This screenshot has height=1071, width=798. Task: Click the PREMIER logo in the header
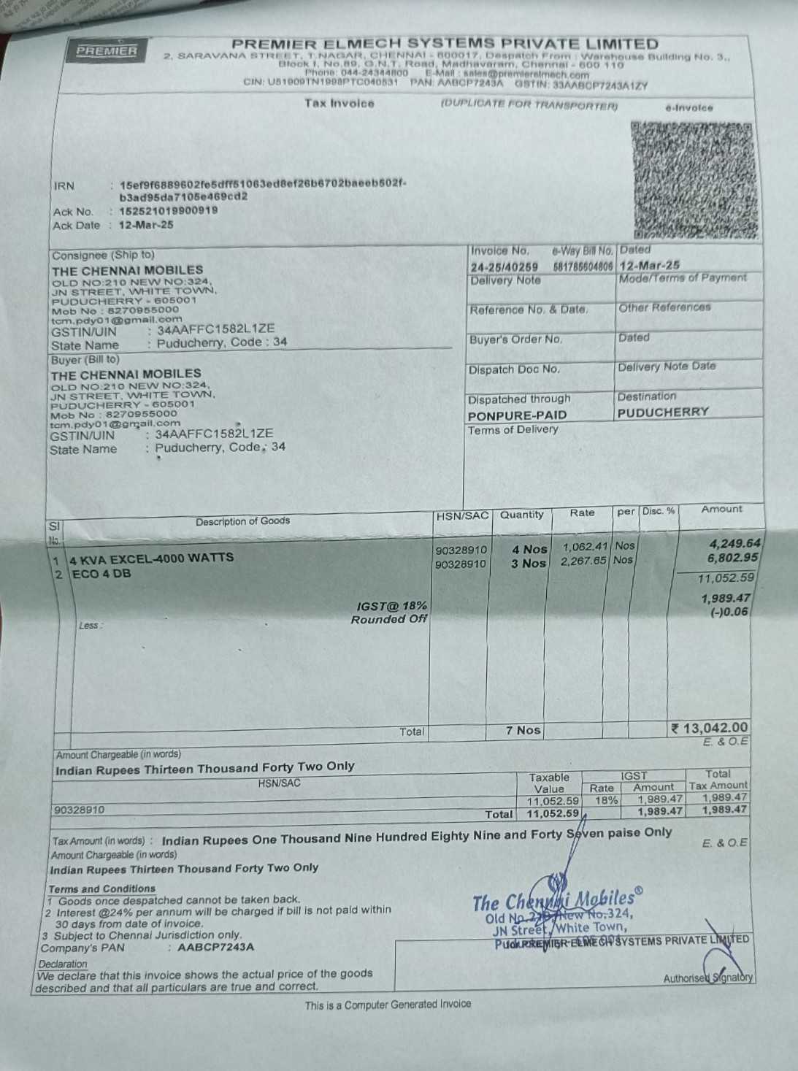[x=107, y=50]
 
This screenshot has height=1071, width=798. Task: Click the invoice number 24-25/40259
[x=504, y=267]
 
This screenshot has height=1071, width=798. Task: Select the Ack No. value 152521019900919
[x=168, y=211]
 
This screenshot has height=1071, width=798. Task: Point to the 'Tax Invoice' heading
[x=339, y=104]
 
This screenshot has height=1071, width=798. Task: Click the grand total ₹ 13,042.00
[x=710, y=728]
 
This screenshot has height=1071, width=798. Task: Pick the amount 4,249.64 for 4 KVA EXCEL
[x=734, y=543]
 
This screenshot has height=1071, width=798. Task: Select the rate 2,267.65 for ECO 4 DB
[x=583, y=561]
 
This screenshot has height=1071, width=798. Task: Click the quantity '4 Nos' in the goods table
[x=529, y=549]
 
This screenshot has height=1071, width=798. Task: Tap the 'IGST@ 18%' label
[x=392, y=606]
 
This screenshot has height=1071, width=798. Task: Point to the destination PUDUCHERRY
[x=663, y=412]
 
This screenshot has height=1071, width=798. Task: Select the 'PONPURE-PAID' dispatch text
[x=517, y=415]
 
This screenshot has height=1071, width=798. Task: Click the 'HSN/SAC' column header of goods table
[x=461, y=515]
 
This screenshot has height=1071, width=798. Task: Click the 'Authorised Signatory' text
[x=707, y=978]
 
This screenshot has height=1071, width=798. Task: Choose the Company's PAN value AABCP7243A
[x=215, y=947]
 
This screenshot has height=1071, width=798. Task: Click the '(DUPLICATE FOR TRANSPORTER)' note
[x=529, y=105]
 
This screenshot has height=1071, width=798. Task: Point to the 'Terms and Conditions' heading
[x=101, y=888]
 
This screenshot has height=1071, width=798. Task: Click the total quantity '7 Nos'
[x=523, y=730]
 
